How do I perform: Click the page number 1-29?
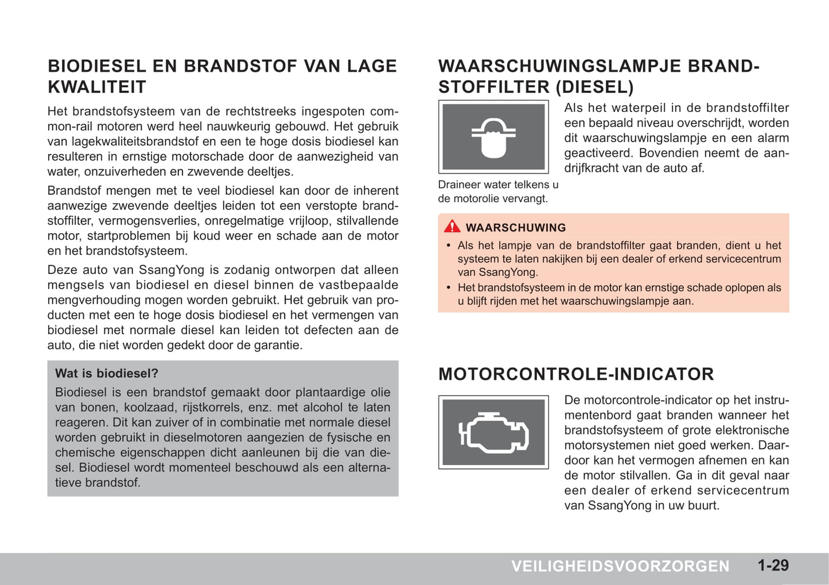click(x=773, y=565)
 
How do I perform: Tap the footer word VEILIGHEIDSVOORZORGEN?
click(x=620, y=567)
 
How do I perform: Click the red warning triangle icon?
click(x=452, y=226)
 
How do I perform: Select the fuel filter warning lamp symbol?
click(x=493, y=137)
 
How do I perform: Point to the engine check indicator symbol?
click(x=493, y=432)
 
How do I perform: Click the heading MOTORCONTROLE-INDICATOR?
click(x=576, y=374)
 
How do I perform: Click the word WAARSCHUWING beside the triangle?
click(x=515, y=228)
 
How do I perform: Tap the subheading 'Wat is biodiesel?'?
click(x=107, y=374)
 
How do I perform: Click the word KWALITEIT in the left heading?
click(x=97, y=87)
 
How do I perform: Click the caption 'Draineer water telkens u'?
click(x=498, y=185)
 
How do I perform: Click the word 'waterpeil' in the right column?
click(x=637, y=108)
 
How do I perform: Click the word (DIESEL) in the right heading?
click(x=594, y=87)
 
